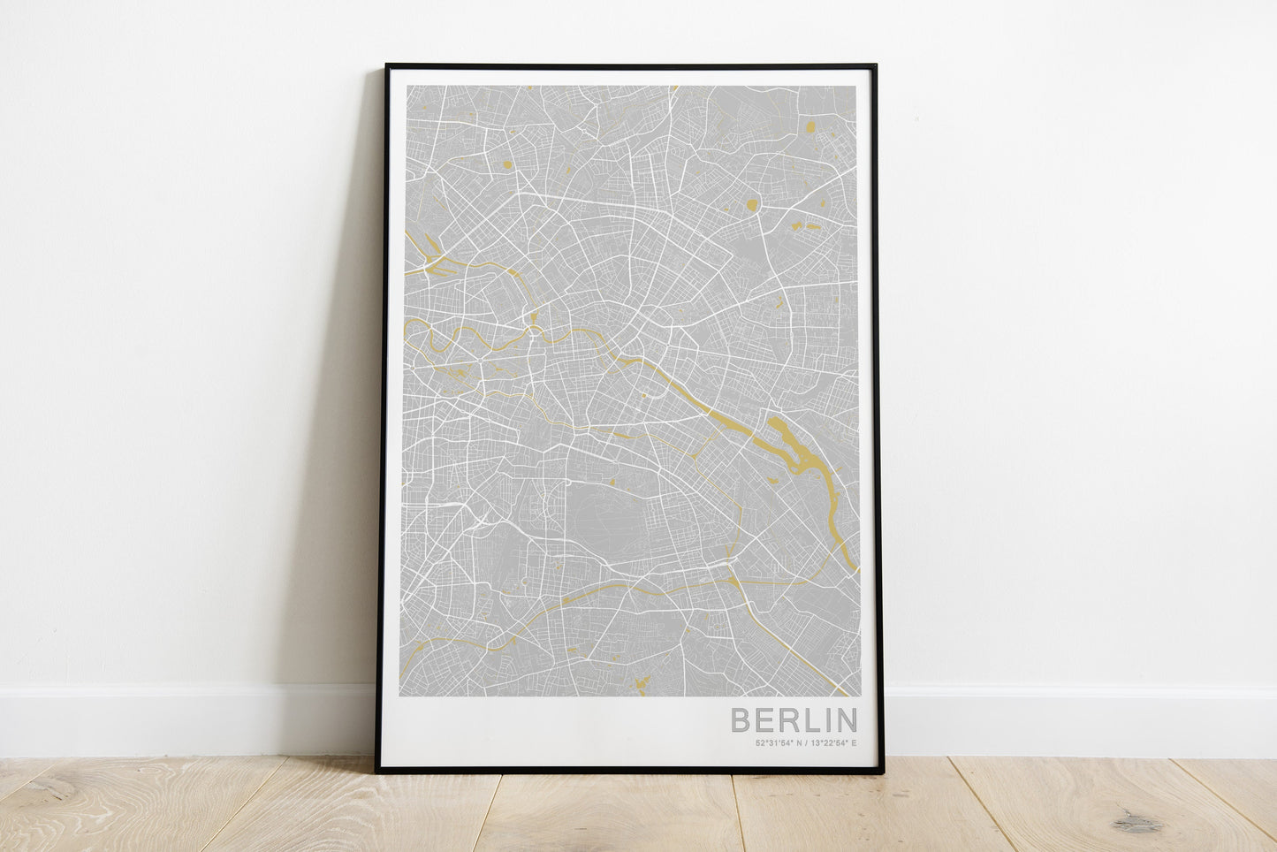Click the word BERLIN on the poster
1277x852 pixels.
coord(793,719)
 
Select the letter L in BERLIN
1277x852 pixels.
coord(808,719)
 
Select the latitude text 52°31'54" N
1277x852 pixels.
coord(779,742)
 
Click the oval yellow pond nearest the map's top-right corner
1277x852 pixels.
coord(810,126)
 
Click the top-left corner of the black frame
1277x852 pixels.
coord(387,66)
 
